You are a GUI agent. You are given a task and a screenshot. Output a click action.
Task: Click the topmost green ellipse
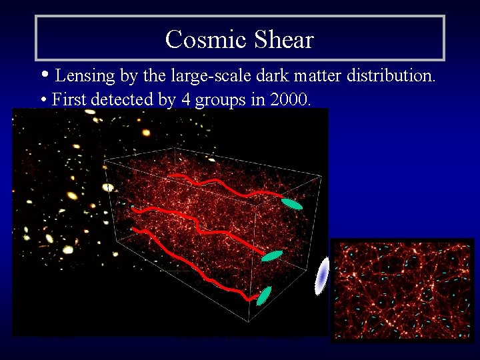291,203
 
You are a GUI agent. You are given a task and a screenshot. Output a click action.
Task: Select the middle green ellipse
272,255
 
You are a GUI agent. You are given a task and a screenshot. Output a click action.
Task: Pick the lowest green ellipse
264,295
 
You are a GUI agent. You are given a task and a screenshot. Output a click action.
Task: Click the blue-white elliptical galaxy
323,275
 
